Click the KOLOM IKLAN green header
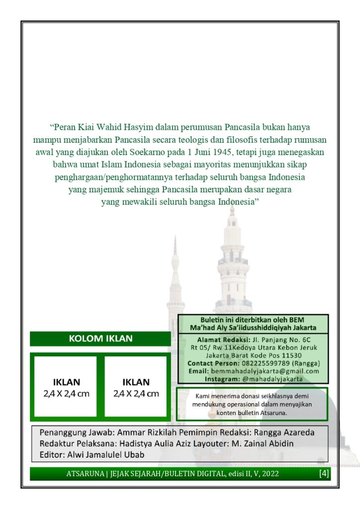tap(100, 339)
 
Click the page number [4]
tap(324, 473)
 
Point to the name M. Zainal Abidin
tap(266, 443)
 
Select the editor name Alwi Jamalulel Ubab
tap(106, 454)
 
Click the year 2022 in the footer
tap(269, 474)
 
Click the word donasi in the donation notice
tap(245, 396)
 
